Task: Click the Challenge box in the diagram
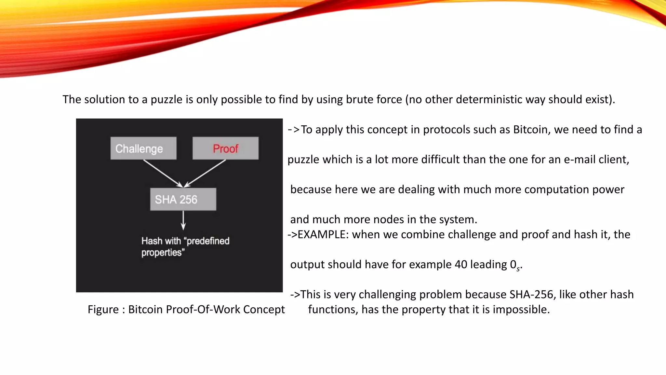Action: point(143,148)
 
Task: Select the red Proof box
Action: point(225,148)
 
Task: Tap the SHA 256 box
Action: point(183,199)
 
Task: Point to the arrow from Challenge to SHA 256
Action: point(163,173)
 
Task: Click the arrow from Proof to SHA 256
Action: point(205,173)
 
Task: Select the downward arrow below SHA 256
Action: point(183,220)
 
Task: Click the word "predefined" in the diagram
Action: point(208,241)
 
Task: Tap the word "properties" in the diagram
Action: point(161,253)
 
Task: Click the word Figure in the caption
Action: point(103,309)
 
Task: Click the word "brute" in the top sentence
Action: point(358,99)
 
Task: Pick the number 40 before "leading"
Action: point(461,264)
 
